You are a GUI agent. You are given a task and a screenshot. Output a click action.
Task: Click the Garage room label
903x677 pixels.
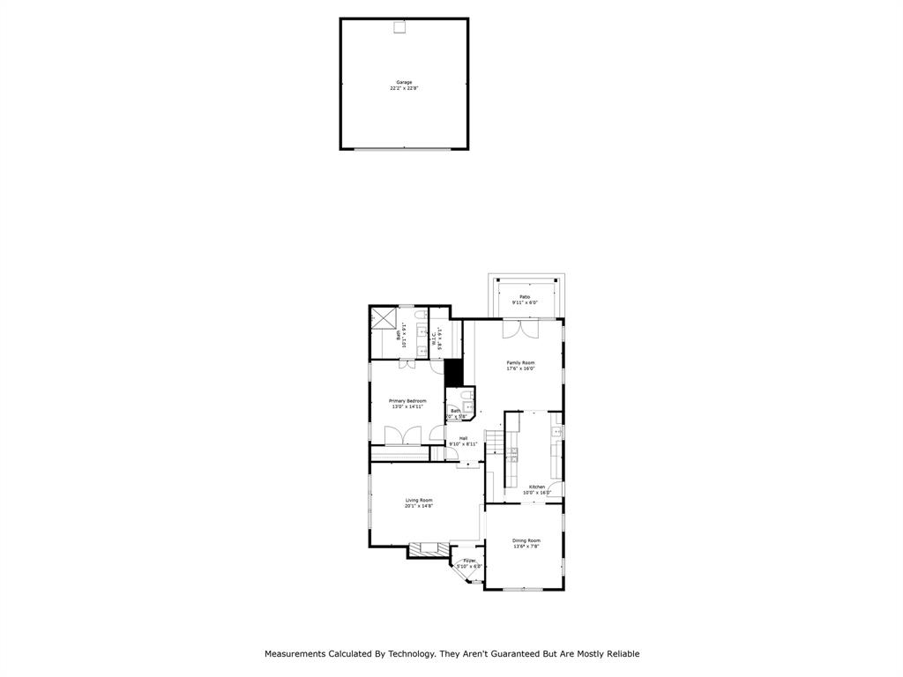[x=403, y=82]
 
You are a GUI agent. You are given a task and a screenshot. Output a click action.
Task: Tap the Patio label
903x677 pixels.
[x=525, y=297]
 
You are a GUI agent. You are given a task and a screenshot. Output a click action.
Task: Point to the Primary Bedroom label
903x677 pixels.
[x=407, y=401]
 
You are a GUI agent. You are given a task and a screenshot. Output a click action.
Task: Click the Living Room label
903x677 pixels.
[x=419, y=501]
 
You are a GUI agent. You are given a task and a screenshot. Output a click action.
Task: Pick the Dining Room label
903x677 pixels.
[x=526, y=540]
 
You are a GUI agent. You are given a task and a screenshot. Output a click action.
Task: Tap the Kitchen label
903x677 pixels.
[x=537, y=487]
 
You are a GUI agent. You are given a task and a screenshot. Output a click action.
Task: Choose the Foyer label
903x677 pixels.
[x=469, y=560]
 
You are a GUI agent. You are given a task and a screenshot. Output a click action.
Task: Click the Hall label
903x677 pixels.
[x=463, y=438]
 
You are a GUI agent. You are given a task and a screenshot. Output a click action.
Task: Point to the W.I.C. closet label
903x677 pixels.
[x=435, y=336]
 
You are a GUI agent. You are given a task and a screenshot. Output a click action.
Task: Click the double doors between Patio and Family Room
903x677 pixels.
[x=520, y=328]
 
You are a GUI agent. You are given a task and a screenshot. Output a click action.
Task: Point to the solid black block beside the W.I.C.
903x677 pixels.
[x=454, y=372]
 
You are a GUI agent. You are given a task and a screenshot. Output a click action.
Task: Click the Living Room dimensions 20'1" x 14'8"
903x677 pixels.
[x=419, y=506]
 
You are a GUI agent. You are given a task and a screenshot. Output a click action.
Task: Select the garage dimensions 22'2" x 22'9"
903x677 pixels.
[x=403, y=88]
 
